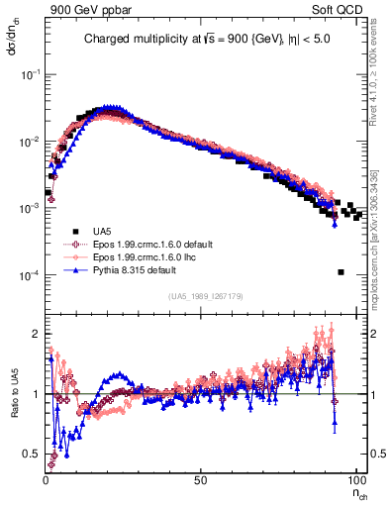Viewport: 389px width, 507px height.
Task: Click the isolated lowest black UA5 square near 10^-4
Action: point(340,272)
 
